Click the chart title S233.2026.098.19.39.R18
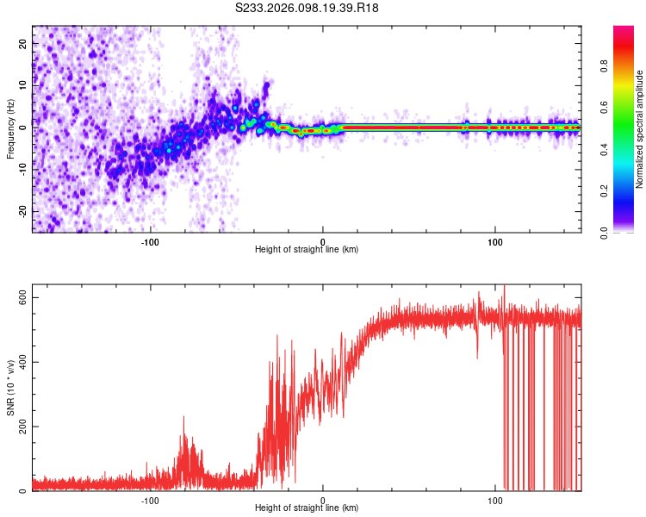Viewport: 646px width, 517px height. point(307,8)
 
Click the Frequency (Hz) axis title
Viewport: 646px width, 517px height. point(10,129)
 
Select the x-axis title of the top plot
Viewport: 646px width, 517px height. point(307,249)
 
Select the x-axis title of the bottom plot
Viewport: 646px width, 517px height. point(307,508)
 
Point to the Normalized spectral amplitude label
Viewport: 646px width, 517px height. point(639,129)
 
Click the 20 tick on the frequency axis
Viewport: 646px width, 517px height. point(23,43)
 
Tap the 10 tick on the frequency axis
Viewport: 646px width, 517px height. point(23,85)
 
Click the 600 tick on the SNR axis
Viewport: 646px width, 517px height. point(23,297)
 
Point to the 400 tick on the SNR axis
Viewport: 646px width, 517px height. point(23,362)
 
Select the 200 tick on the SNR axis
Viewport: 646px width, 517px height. point(23,427)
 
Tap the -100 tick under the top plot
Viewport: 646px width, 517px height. point(151,240)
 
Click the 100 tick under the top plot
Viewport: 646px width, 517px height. point(495,240)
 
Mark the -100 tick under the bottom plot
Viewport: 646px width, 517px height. point(151,499)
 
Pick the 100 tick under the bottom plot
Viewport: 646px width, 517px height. point(495,499)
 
